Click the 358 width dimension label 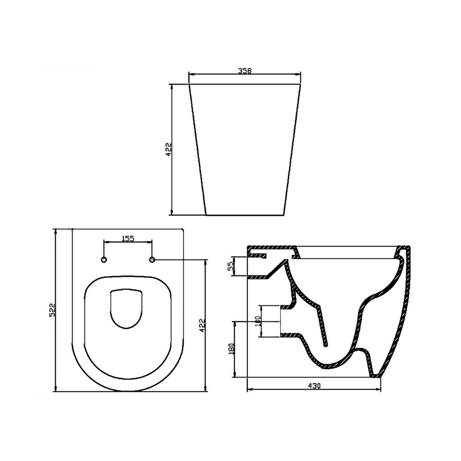point(244,71)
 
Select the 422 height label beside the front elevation point(168,150)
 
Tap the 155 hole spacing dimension point(128,239)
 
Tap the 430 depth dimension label point(314,385)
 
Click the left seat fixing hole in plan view point(104,260)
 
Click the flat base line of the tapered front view point(245,215)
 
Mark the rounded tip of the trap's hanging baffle point(327,345)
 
